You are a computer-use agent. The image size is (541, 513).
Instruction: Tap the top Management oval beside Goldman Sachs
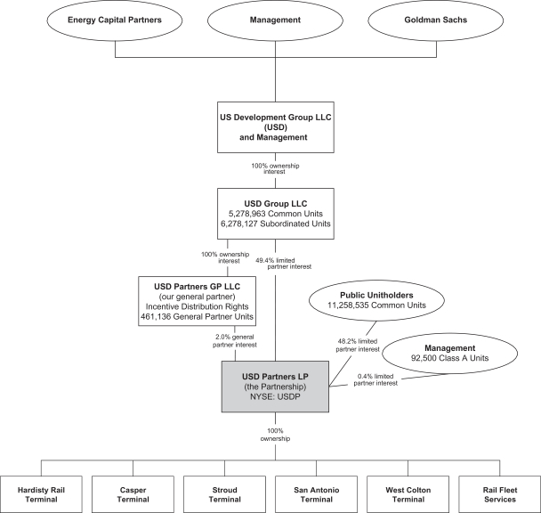[x=275, y=20]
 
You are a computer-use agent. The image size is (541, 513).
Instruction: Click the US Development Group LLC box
[x=275, y=126]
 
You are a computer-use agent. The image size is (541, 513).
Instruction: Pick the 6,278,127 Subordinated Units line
[x=275, y=225]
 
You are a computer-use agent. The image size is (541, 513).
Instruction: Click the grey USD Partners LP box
[x=275, y=380]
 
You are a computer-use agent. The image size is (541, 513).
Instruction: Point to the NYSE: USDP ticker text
[x=275, y=394]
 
